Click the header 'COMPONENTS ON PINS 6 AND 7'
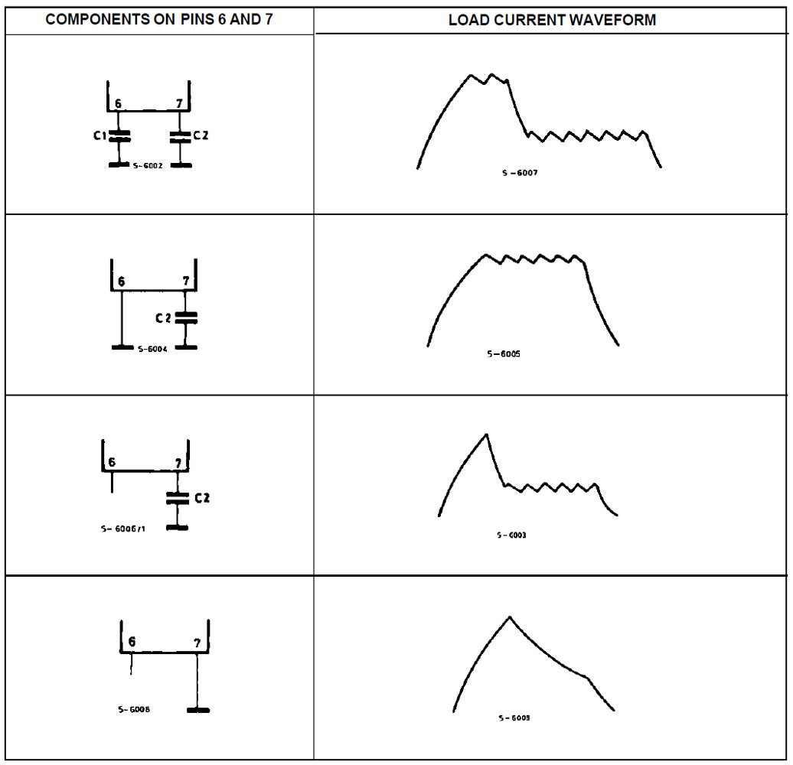[159, 20]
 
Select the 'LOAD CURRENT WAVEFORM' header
[552, 21]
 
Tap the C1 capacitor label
[98, 135]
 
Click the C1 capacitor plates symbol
[119, 136]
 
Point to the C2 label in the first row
[201, 136]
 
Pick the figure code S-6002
[148, 165]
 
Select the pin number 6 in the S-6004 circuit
[119, 282]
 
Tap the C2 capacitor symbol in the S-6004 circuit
[186, 317]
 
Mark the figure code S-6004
[153, 348]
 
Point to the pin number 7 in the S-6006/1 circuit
[178, 464]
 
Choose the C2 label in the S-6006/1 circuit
[201, 498]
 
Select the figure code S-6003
[511, 535]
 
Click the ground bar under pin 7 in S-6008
[197, 710]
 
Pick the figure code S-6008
[134, 709]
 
